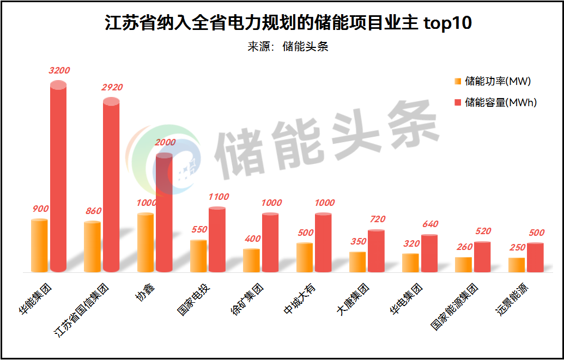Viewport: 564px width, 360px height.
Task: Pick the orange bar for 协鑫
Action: (145, 242)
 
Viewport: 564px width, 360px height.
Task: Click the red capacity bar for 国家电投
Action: (217, 240)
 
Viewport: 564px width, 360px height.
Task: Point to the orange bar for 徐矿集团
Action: (251, 260)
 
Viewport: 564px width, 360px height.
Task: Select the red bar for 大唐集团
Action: (376, 251)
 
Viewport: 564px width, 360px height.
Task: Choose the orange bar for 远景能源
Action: (517, 265)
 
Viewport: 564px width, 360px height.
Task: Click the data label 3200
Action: (59, 70)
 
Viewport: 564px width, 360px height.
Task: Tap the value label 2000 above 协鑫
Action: (165, 143)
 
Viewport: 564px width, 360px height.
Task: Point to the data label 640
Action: (429, 224)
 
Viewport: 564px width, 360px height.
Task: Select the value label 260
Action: (464, 247)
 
